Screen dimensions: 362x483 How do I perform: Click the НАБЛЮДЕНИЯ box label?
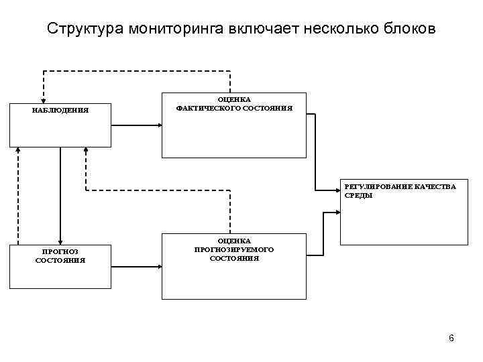click(60, 111)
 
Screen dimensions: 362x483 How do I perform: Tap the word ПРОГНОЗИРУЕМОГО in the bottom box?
click(234, 249)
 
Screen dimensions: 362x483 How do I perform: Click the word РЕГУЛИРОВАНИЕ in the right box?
click(377, 187)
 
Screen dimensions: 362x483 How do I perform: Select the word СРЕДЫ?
click(359, 196)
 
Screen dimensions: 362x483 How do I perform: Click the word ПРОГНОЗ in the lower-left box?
click(60, 251)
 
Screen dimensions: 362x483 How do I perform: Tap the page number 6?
click(451, 339)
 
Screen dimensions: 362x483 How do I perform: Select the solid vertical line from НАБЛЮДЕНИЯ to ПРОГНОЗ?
click(60, 194)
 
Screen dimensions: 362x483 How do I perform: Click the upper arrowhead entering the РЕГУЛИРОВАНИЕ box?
click(337, 191)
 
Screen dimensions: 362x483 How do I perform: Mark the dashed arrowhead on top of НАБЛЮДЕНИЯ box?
click(44, 101)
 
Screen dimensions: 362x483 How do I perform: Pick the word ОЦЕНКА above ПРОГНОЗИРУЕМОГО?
click(234, 241)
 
